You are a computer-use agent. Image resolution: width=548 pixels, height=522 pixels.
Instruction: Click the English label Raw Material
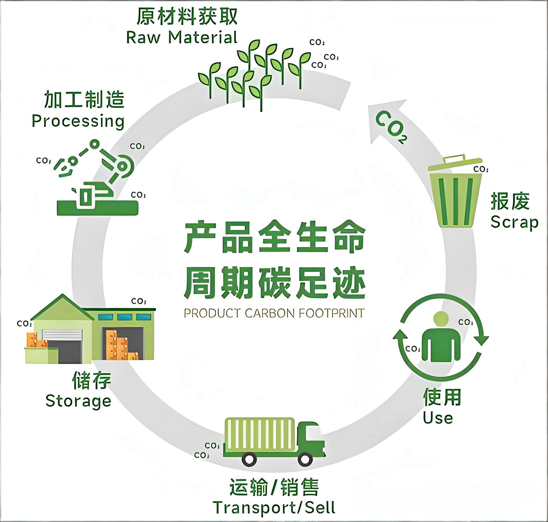(182, 37)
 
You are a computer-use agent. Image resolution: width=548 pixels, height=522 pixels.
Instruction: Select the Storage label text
(78, 401)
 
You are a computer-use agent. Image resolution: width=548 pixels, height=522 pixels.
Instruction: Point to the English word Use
(438, 418)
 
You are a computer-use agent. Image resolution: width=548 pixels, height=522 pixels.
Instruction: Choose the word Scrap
(514, 223)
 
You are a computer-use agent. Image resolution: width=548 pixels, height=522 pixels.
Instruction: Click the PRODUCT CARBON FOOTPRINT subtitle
(274, 313)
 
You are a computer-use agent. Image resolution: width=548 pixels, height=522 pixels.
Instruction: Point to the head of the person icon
(441, 318)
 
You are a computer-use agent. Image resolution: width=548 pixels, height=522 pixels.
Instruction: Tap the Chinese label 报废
(510, 201)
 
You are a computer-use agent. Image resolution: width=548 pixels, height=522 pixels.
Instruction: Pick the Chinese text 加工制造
(84, 99)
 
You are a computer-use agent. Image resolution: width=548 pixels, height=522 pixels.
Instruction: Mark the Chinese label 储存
(91, 380)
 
